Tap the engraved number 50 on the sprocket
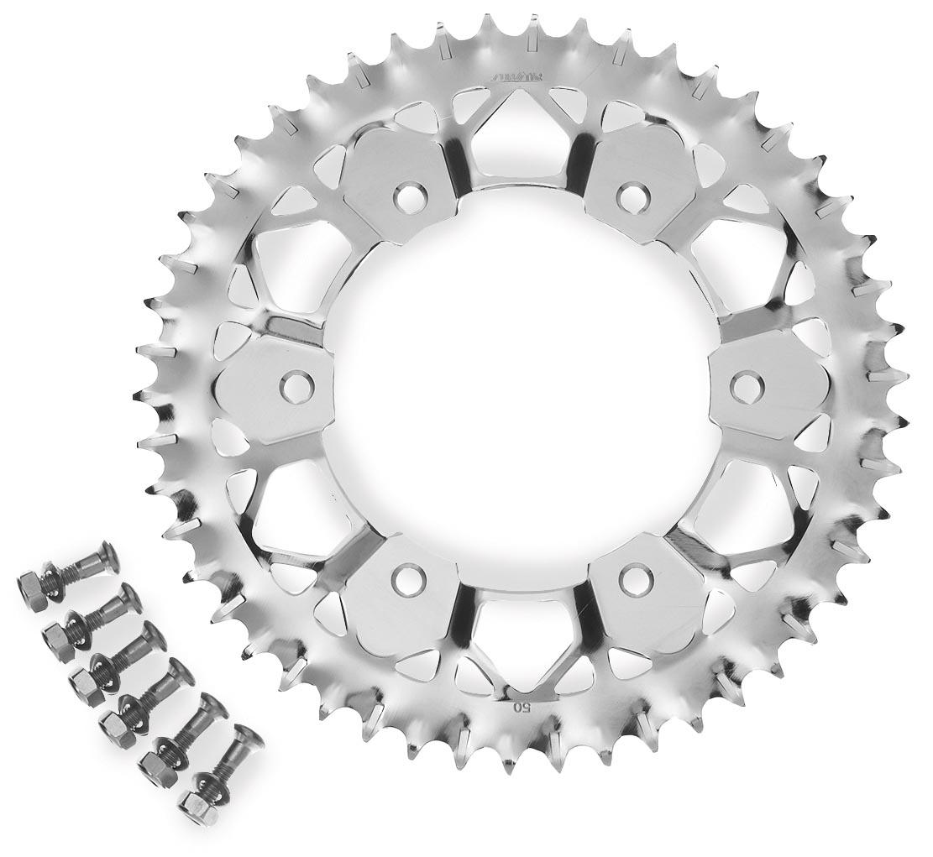[521, 706]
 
